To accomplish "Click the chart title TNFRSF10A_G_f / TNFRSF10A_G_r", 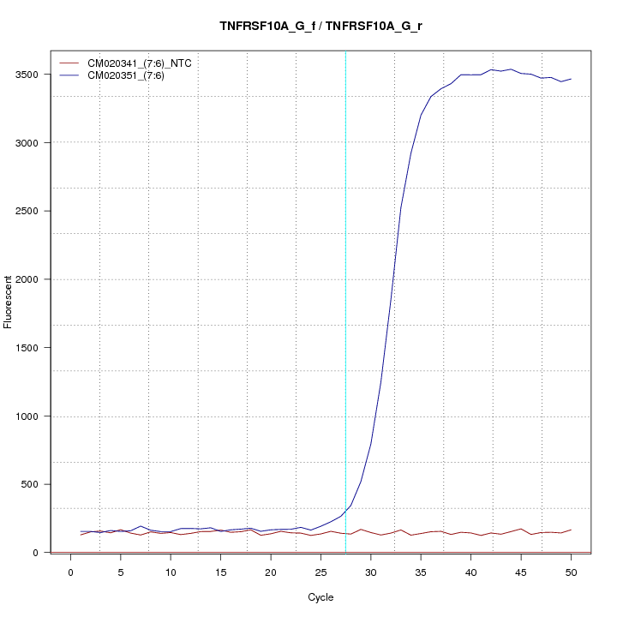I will [320, 26].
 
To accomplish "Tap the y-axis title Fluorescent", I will [9, 302].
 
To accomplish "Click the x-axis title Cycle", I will [320, 597].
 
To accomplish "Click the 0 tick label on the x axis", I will [71, 572].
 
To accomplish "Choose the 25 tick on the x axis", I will [320, 572].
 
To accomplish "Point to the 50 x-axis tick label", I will [571, 572].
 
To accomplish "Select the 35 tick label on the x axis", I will [421, 572].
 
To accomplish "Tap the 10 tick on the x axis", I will [171, 572].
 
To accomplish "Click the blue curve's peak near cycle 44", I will [511, 69].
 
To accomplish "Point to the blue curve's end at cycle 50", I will [571, 79].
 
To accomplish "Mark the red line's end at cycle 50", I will [571, 530].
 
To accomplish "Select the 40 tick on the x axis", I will [470, 572].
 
